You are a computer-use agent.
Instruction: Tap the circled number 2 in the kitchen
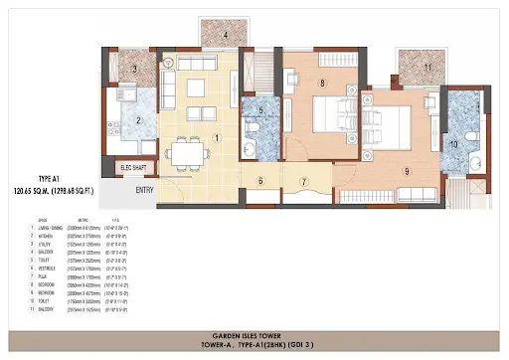tap(140, 121)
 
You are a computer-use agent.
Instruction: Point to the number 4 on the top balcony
tap(227, 35)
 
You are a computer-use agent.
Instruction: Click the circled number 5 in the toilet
tap(260, 111)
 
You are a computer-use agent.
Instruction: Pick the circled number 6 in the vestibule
tap(260, 180)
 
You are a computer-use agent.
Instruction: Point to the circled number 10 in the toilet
tap(454, 145)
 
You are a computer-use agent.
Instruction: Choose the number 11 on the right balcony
tap(427, 67)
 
